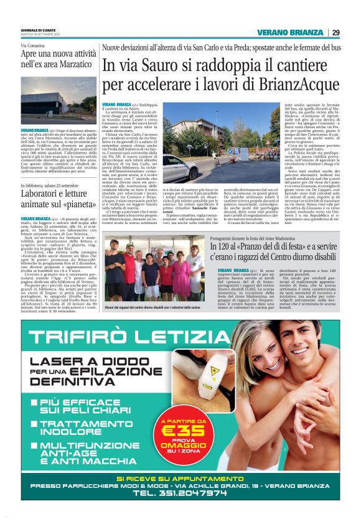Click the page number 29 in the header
coord(336,33)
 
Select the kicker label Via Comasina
coord(34,46)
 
